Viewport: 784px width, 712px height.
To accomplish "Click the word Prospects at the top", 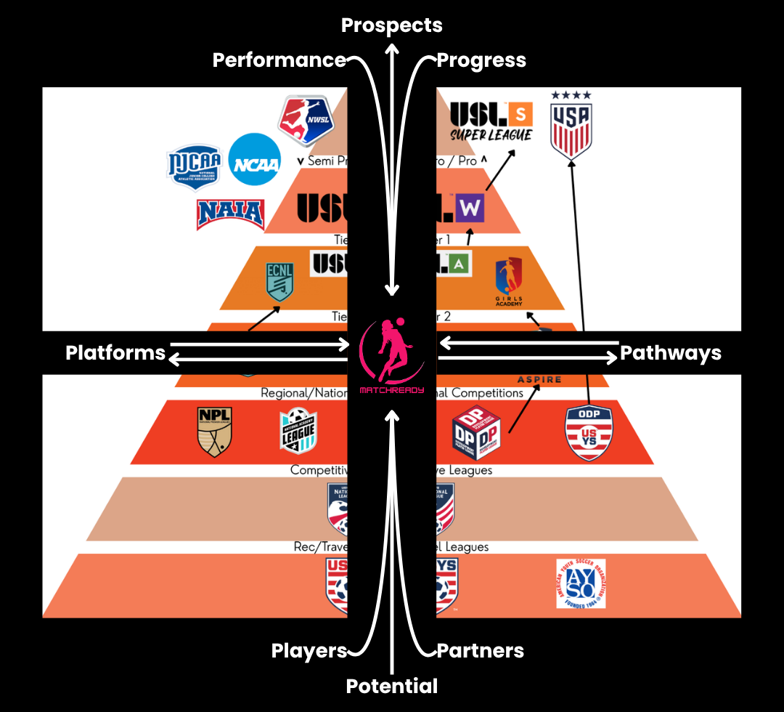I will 392,25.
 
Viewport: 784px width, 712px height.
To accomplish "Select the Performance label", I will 279,60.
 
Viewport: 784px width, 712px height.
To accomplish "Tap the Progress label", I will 481,60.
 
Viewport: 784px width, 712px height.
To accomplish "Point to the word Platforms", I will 115,353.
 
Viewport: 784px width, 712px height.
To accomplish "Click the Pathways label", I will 671,353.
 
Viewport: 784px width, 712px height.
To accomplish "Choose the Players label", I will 309,651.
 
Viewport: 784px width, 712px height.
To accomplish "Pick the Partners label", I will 480,651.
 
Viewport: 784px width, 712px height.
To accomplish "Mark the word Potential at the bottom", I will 392,686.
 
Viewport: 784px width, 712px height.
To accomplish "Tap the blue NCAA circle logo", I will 254,164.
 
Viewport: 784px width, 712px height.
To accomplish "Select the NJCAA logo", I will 194,167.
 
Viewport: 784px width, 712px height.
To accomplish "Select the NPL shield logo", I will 215,432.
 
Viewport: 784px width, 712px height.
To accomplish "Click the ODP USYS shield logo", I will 589,433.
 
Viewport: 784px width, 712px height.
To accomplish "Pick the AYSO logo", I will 581,583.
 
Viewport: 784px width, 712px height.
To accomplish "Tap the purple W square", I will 470,209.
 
